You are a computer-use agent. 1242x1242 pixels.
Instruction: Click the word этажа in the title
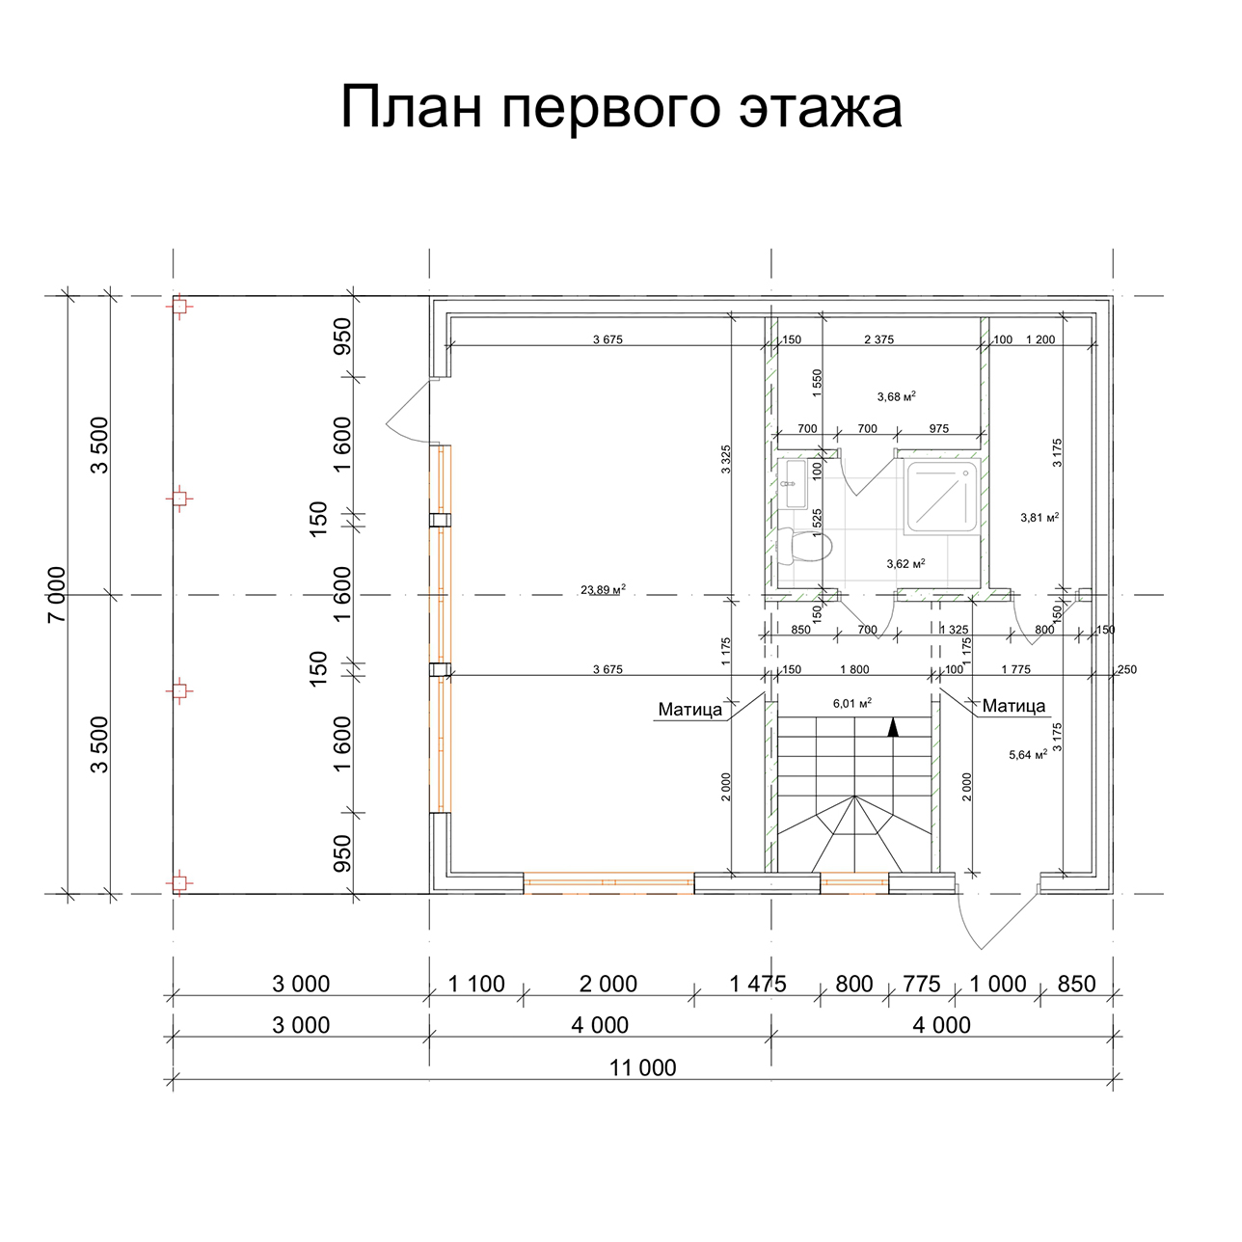coord(821,107)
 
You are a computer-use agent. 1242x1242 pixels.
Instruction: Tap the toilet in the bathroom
coord(804,545)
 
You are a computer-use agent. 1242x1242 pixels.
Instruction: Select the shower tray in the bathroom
coord(942,497)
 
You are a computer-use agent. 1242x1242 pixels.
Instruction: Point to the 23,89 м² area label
coord(603,589)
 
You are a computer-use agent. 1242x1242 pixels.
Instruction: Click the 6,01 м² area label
coord(852,703)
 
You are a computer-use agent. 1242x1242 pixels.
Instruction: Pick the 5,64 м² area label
coord(1028,755)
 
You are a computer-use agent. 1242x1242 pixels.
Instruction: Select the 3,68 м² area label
coord(896,396)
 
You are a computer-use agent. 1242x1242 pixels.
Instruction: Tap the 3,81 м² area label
coord(1039,517)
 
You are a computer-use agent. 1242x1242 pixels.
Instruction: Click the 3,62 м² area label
coord(905,564)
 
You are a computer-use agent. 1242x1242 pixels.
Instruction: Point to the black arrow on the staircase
coord(893,727)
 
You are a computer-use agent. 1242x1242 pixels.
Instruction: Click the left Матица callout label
coord(689,710)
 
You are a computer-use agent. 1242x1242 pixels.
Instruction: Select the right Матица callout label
coord(1013,706)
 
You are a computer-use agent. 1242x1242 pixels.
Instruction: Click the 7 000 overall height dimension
coord(57,594)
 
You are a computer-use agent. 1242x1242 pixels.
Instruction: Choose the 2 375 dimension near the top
coord(878,339)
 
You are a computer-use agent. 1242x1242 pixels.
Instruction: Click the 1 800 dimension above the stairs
coord(854,669)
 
